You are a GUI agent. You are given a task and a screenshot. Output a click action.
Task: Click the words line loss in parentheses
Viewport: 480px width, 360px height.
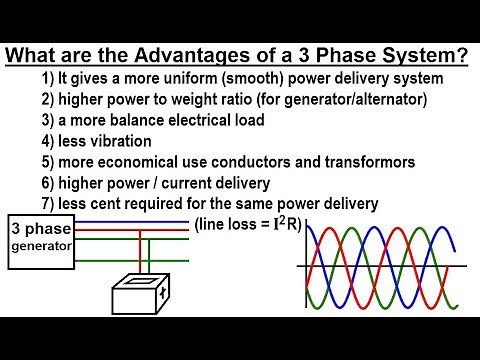click(x=230, y=225)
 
